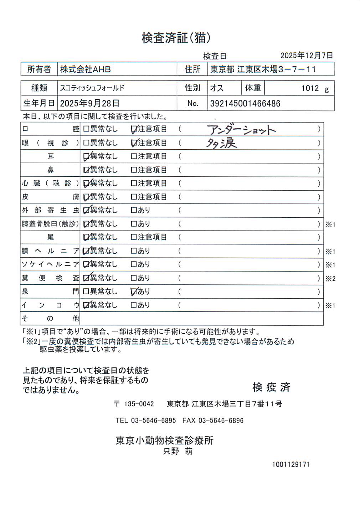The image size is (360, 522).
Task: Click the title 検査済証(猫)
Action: (176, 38)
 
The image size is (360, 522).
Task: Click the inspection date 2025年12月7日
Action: (307, 56)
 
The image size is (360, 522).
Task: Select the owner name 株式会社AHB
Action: (85, 69)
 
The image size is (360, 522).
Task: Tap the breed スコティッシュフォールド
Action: (92, 88)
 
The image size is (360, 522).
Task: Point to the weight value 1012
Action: (310, 88)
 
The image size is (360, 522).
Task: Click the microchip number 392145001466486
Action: (245, 104)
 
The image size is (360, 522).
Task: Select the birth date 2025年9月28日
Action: (89, 104)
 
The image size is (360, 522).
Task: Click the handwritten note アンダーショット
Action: (241, 130)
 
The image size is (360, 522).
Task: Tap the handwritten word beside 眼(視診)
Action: (221, 143)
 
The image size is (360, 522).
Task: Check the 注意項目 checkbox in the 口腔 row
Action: (134, 129)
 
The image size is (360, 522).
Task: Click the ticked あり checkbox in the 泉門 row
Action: (134, 292)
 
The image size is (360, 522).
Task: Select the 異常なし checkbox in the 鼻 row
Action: (86, 170)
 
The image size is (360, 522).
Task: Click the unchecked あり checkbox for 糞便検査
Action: (134, 278)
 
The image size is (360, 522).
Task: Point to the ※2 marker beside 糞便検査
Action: (330, 279)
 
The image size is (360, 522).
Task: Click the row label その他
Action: (50, 318)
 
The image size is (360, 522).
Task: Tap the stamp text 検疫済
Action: (271, 387)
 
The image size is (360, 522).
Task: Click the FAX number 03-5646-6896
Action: (221, 420)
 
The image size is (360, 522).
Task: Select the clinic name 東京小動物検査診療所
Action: (164, 440)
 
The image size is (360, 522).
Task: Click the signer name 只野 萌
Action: (178, 451)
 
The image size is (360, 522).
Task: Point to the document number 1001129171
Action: (291, 465)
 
